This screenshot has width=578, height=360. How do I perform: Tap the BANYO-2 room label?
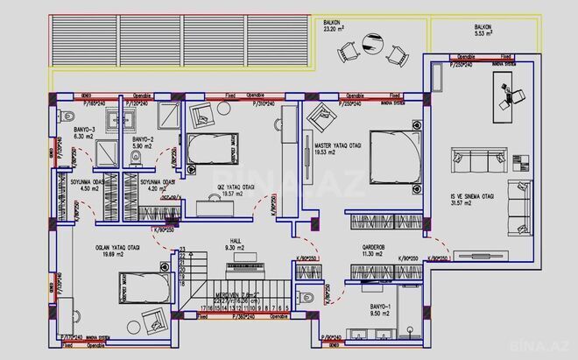point(143,139)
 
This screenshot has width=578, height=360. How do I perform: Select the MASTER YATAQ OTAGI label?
point(326,145)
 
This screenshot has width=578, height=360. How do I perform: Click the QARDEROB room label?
point(376,247)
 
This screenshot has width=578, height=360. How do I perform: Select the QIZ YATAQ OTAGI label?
point(236,187)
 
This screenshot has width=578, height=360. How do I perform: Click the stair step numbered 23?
point(182,250)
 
